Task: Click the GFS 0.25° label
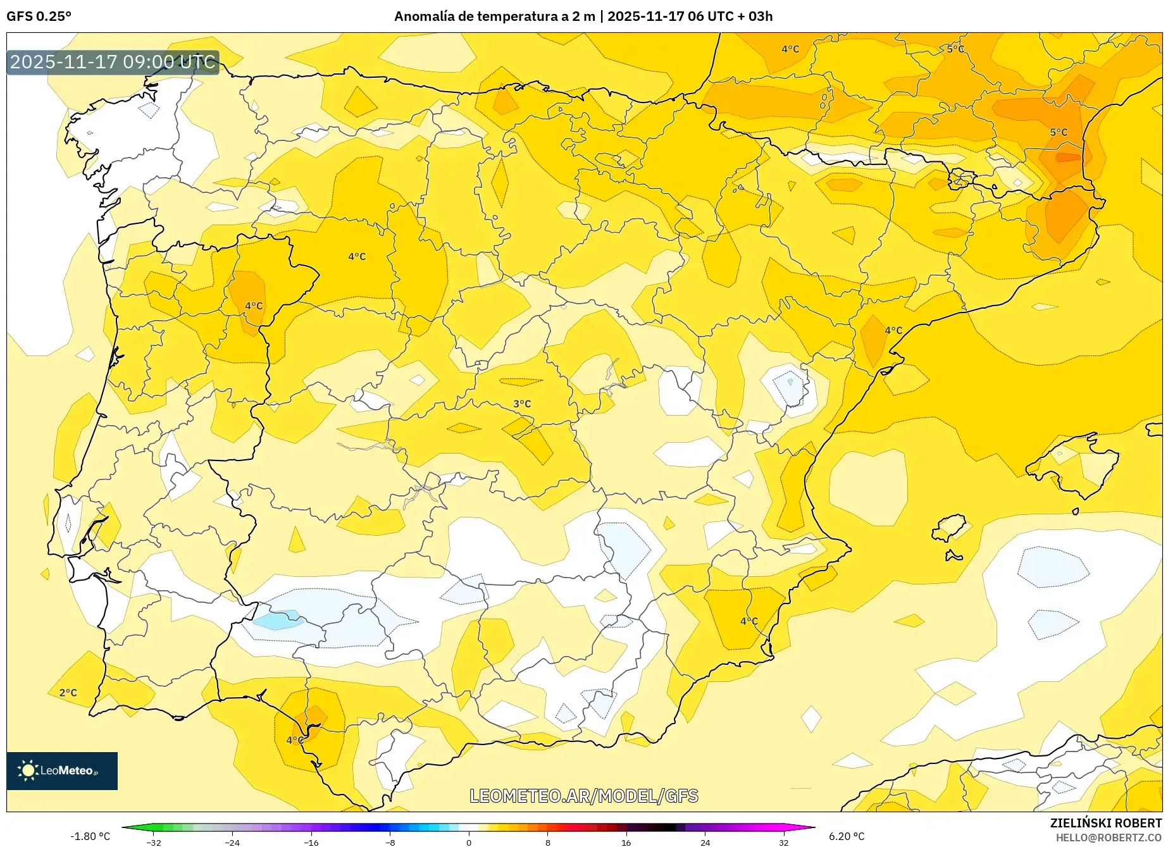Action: tap(39, 16)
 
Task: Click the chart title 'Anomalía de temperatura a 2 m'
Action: tap(494, 16)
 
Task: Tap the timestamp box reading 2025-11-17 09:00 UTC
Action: tap(113, 62)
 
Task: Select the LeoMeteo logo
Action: tap(62, 770)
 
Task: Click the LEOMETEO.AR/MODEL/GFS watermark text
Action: tap(583, 796)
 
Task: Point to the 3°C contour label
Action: tap(522, 404)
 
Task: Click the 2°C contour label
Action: tap(68, 693)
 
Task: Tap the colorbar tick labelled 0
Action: tap(469, 842)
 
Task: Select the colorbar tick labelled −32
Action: tap(154, 842)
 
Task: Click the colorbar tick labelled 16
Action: tap(626, 842)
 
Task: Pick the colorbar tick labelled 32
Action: tap(783, 842)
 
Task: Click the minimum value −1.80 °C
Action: tap(90, 836)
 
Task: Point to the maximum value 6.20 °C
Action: tap(847, 836)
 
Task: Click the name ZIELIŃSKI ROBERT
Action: tap(1106, 823)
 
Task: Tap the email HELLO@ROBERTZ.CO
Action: tap(1109, 838)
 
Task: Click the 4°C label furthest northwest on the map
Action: tap(357, 256)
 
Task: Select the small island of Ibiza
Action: tap(949, 528)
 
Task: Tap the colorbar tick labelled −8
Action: tap(390, 842)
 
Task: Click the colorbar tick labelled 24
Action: tap(705, 842)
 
